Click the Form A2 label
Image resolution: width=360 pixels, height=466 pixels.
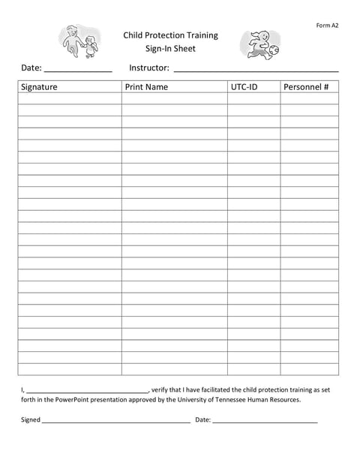pos(328,26)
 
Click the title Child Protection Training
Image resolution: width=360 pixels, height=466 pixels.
pos(170,35)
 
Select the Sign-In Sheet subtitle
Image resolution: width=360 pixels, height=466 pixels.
pos(170,49)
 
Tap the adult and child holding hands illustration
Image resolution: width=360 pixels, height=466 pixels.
pos(79,42)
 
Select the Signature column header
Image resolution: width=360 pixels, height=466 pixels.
pos(39,87)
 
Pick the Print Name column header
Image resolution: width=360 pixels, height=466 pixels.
pos(146,87)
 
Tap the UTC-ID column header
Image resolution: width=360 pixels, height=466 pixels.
pos(244,87)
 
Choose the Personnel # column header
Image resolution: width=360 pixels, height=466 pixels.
pos(306,87)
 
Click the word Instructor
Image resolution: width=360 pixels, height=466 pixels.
pos(149,68)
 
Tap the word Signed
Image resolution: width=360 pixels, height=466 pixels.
pos(31,419)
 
